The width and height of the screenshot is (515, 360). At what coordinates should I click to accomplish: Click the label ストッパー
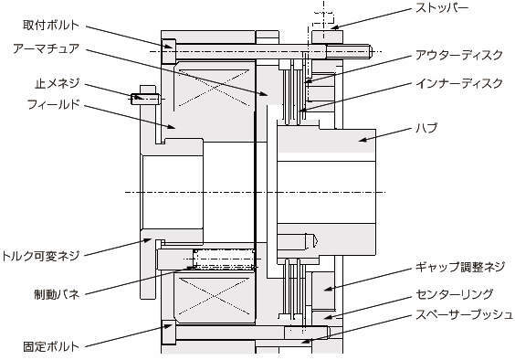coord(442,8)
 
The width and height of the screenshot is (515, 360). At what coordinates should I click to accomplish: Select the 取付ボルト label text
coord(51,25)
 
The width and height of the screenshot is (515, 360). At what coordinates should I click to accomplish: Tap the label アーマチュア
coord(47,48)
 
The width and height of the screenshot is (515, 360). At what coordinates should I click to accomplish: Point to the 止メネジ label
coord(58,83)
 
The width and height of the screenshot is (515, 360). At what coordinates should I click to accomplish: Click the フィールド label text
coord(54,105)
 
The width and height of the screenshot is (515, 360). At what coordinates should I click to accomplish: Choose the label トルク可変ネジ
coord(40,256)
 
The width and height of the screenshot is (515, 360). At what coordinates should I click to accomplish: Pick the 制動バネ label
coord(57,293)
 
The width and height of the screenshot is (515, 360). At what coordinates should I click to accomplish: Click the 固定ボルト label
coord(51,346)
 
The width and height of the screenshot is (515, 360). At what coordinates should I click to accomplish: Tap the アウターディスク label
coord(458,55)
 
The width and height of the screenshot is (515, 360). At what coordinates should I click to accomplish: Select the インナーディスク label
coord(458,83)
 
